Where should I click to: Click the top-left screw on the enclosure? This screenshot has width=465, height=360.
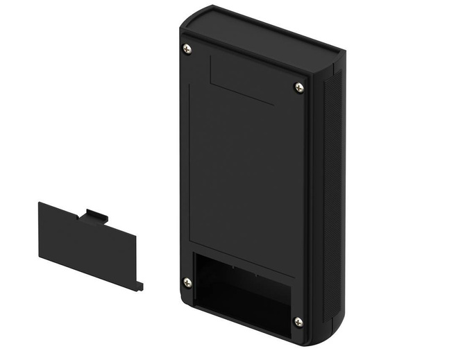pyautogui.click(x=186, y=49)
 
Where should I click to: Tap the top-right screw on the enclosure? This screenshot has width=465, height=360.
pyautogui.click(x=298, y=87)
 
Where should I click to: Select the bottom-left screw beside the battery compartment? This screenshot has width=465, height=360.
pyautogui.click(x=187, y=282)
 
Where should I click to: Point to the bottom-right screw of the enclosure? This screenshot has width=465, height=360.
pyautogui.click(x=298, y=322)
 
